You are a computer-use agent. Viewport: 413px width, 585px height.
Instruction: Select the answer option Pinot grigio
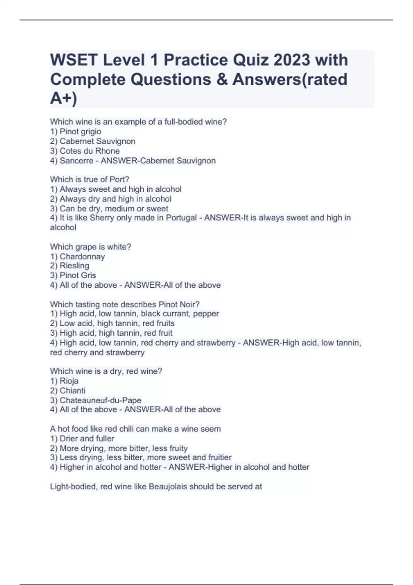[80, 131]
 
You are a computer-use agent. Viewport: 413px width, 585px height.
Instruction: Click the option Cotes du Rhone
[89, 151]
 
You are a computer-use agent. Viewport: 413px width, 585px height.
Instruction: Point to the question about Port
[89, 179]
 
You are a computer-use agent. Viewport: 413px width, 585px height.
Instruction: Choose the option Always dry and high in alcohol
[115, 199]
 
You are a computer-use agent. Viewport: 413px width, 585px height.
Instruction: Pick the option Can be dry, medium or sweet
[114, 209]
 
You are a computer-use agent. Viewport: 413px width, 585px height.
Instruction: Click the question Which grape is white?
[91, 247]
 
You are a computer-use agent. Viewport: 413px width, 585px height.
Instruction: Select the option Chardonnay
[82, 256]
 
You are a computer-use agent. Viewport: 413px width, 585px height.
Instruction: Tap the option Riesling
[74, 266]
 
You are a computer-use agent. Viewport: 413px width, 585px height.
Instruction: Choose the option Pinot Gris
[78, 275]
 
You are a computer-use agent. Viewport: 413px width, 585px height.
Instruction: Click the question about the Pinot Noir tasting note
[125, 304]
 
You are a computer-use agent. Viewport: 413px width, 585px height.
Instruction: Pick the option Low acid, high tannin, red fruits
[117, 323]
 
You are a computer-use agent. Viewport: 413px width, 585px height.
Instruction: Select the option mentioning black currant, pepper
[139, 313]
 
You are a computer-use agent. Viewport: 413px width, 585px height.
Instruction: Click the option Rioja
[69, 381]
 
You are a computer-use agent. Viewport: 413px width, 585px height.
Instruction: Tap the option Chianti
[72, 391]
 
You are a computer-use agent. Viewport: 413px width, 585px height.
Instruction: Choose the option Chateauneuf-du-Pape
[100, 400]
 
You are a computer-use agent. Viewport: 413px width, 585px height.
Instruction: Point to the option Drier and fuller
[87, 438]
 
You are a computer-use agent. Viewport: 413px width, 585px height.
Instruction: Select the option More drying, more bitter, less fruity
[124, 448]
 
